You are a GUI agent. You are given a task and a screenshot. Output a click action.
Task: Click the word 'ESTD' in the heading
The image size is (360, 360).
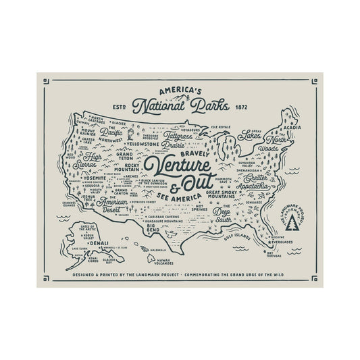pyautogui.click(x=117, y=107)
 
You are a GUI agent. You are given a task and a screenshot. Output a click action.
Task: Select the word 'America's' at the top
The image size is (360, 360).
pyautogui.click(x=181, y=89)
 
